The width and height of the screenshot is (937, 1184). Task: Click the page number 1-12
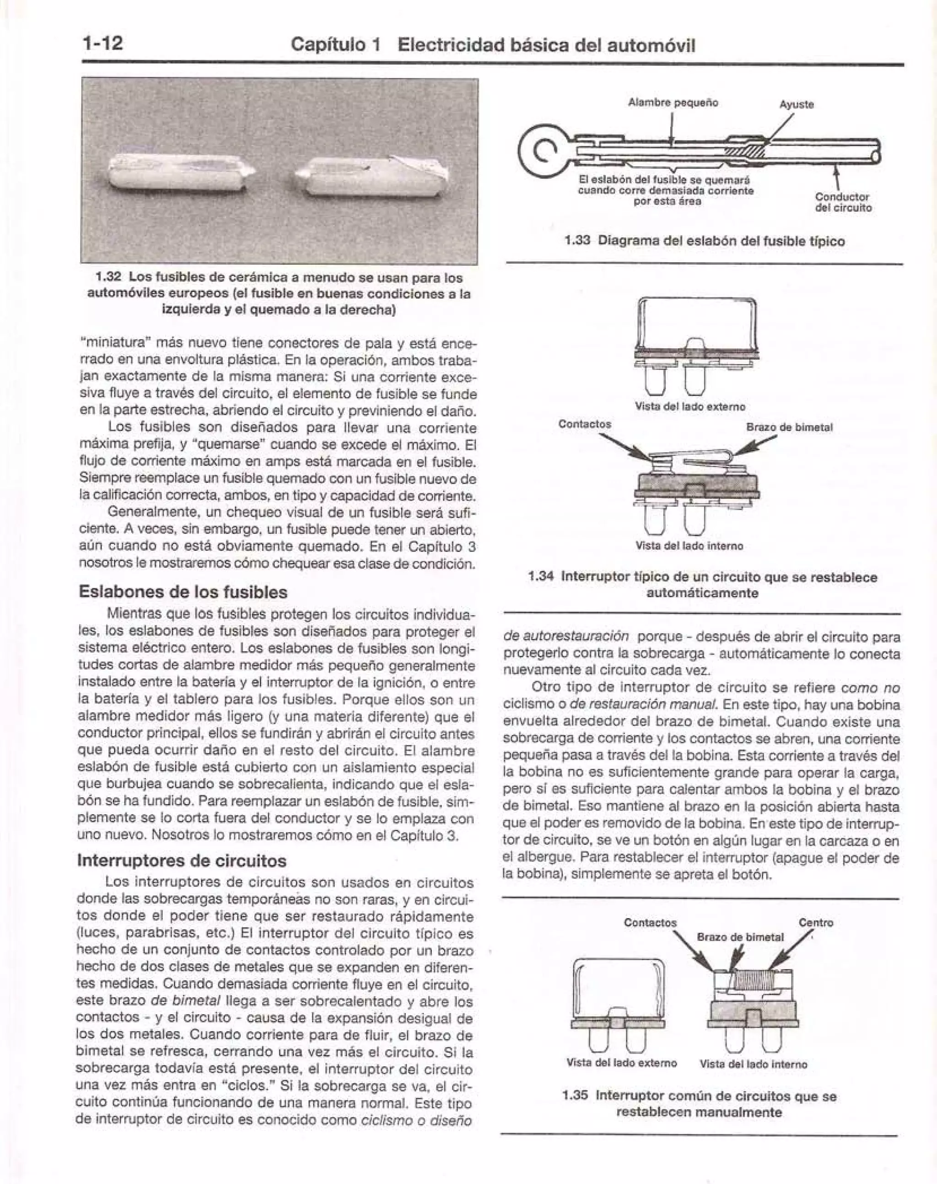click(x=102, y=43)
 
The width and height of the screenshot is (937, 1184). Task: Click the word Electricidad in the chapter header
click(x=449, y=45)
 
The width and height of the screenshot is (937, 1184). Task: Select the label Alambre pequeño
click(x=673, y=102)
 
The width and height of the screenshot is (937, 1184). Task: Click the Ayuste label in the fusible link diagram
click(x=797, y=104)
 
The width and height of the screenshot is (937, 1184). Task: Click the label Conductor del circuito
click(x=843, y=202)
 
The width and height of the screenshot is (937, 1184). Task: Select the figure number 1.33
click(x=577, y=241)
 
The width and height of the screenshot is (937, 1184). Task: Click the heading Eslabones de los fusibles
click(x=183, y=592)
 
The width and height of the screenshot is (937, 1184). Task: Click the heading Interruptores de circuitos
click(x=182, y=860)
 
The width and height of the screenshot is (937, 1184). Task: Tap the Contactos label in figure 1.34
click(x=584, y=424)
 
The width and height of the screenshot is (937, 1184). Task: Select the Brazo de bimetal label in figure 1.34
click(x=789, y=427)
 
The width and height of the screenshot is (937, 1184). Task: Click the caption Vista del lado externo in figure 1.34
click(x=689, y=406)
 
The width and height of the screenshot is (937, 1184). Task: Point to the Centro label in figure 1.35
click(x=816, y=923)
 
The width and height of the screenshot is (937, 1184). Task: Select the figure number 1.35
click(x=576, y=1096)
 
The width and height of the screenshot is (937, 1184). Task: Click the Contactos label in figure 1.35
click(x=650, y=923)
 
